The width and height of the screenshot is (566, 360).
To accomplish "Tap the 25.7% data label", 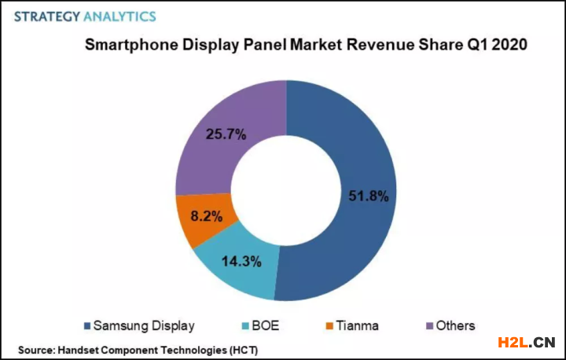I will click(x=226, y=134).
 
